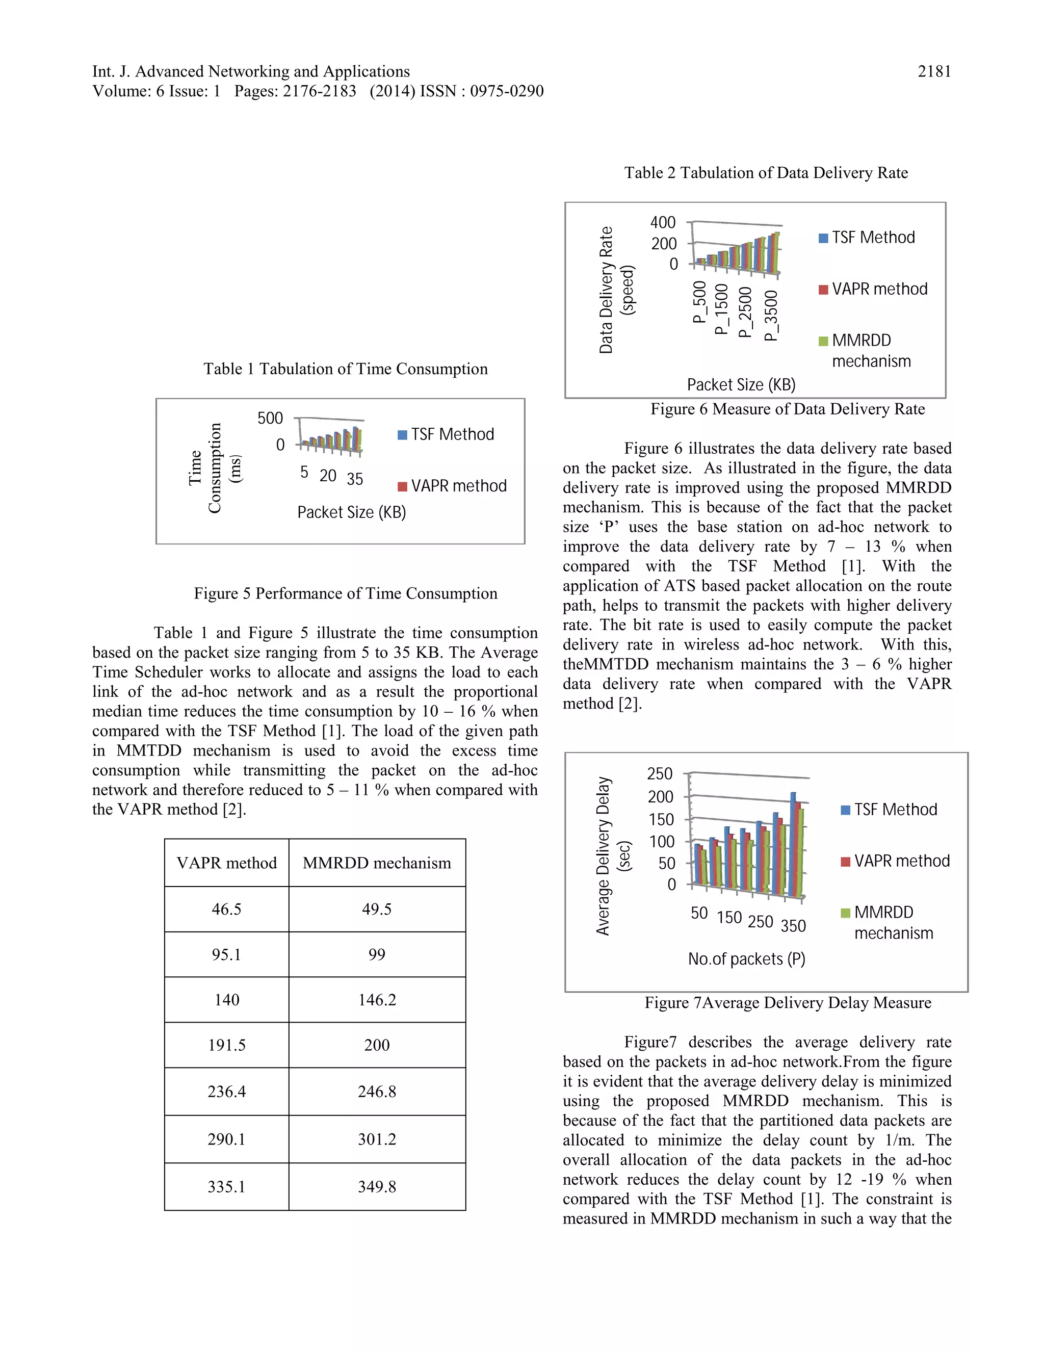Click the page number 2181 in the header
(x=934, y=72)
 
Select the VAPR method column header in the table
(x=226, y=863)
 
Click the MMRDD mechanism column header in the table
(x=377, y=863)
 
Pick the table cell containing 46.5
(x=226, y=910)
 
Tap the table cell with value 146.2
(x=377, y=1000)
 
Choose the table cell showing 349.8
(x=377, y=1186)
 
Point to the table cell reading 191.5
(x=226, y=1045)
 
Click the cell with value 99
(x=377, y=954)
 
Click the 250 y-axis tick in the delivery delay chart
(x=659, y=774)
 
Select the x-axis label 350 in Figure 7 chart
(x=793, y=926)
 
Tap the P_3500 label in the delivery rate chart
(x=771, y=316)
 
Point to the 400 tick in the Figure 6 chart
(x=662, y=223)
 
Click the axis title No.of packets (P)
(x=746, y=959)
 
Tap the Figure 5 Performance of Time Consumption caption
(x=345, y=593)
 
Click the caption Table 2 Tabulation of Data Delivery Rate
(x=766, y=173)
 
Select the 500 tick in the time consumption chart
(x=270, y=418)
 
